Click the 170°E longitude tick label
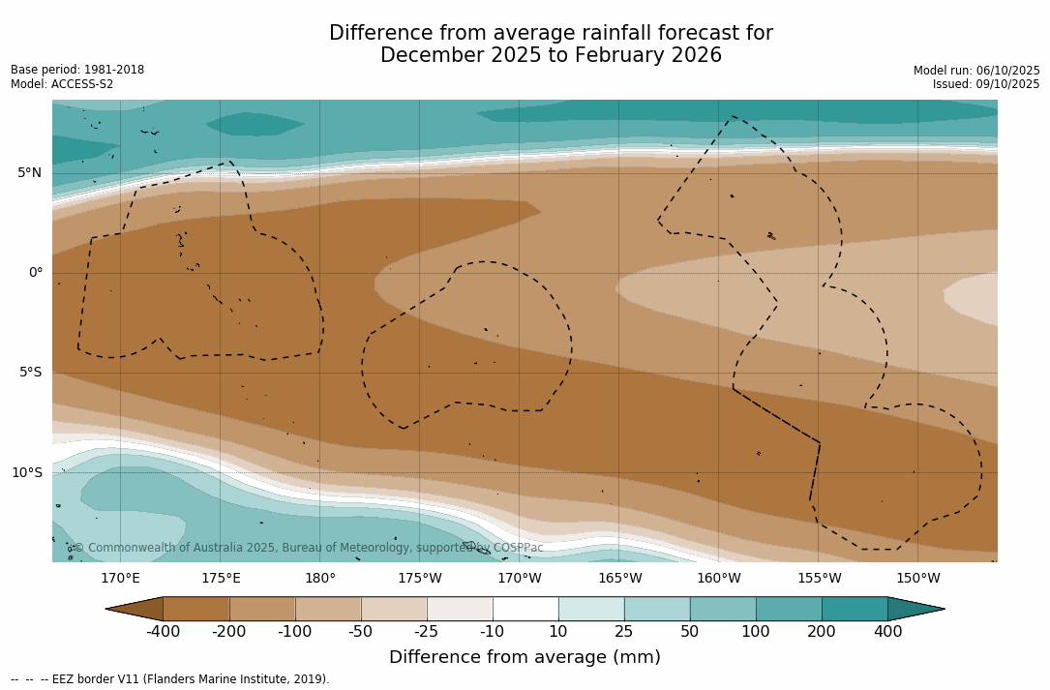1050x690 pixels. click(x=120, y=579)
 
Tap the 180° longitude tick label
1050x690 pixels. click(x=319, y=579)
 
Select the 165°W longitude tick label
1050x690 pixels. click(x=619, y=579)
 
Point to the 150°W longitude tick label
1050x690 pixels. click(x=918, y=579)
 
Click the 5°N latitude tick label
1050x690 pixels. click(x=29, y=173)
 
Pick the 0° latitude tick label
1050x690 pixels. click(x=36, y=273)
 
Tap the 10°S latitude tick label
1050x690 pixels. click(x=26, y=473)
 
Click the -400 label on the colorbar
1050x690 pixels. click(x=163, y=632)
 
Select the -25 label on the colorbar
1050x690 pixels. click(x=427, y=632)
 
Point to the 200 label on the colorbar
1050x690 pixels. click(x=822, y=632)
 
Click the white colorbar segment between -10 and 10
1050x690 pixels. click(x=525, y=609)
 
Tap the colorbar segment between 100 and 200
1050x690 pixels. click(x=789, y=609)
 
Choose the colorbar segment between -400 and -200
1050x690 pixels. click(x=196, y=609)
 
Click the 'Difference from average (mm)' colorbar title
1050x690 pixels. click(x=525, y=657)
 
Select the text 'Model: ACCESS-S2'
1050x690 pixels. click(x=62, y=84)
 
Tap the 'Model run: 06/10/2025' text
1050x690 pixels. click(x=976, y=71)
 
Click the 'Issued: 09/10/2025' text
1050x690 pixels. click(x=986, y=84)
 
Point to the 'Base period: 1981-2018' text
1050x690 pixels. click(x=77, y=70)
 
